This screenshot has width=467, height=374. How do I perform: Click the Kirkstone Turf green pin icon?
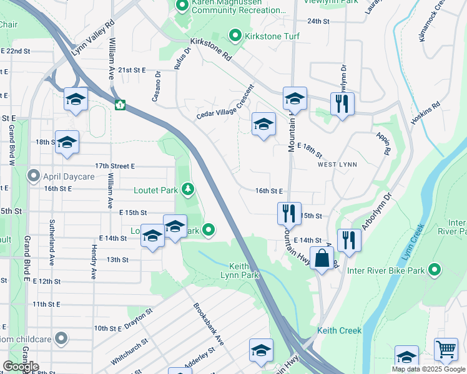tap(235, 36)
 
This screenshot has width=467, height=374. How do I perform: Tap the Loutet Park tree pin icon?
tap(186, 188)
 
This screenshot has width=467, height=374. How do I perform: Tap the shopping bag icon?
tap(322, 257)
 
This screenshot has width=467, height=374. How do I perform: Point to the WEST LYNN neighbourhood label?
tap(336, 165)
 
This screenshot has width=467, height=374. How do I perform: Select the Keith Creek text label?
tap(339, 330)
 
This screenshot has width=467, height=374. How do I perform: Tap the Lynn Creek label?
tap(413, 249)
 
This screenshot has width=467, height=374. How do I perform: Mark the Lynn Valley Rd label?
tap(92, 38)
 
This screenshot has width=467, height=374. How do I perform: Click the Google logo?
tap(21, 366)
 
